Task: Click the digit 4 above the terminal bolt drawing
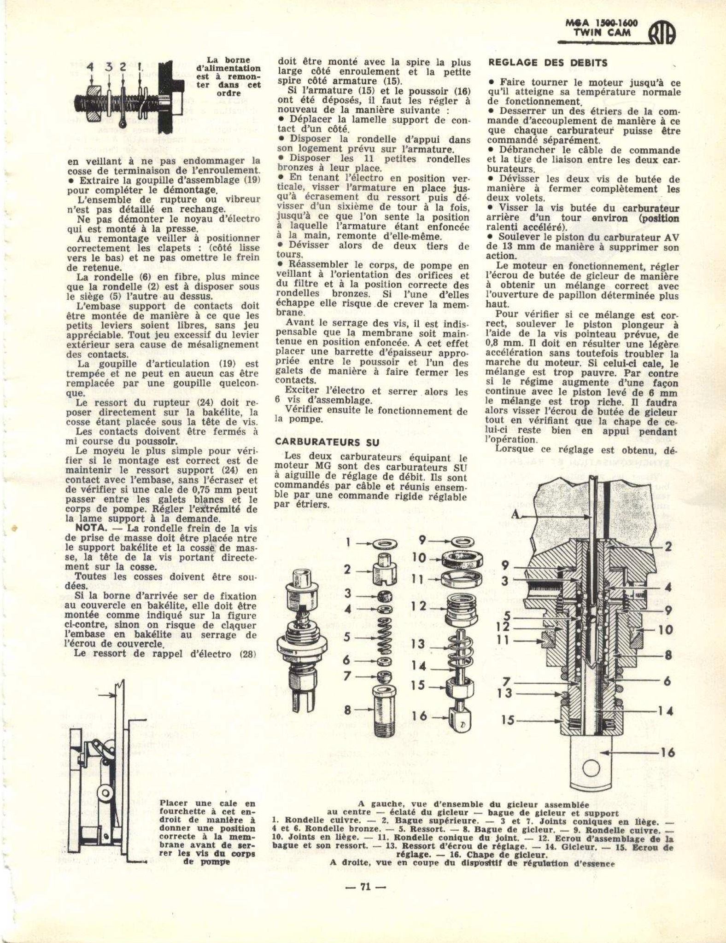(90, 68)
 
